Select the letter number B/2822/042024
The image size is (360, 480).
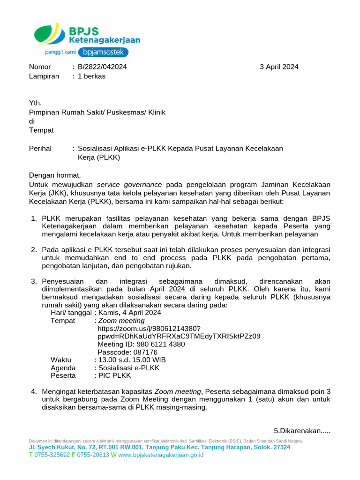(102, 67)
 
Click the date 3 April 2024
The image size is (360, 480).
(279, 67)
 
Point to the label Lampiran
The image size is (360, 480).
(44, 76)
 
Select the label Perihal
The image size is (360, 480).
(40, 149)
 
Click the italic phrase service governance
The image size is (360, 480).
(129, 185)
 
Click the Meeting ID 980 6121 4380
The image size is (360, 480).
(141, 345)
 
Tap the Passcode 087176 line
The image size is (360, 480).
(127, 352)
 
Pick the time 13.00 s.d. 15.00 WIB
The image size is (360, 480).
(132, 360)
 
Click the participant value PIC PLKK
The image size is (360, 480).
(114, 376)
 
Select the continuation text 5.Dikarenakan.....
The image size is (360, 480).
(302, 431)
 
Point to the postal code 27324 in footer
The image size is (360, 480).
(281, 447)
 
